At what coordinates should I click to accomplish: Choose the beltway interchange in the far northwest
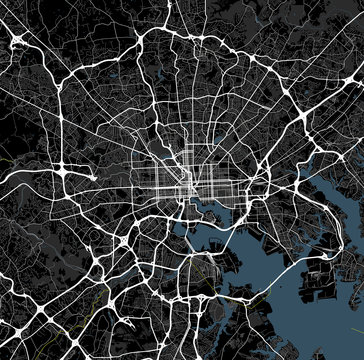(x=20, y=40)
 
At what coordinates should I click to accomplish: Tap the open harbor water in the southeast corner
(x=330, y=320)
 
